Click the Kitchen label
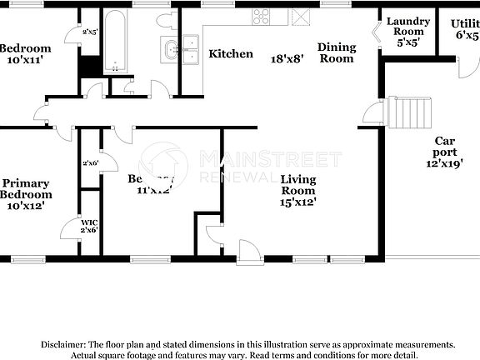231,54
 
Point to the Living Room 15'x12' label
297,190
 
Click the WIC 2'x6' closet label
88,226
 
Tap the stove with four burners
262,16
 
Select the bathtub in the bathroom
115,40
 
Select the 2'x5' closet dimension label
90,32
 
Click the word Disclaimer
62,344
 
